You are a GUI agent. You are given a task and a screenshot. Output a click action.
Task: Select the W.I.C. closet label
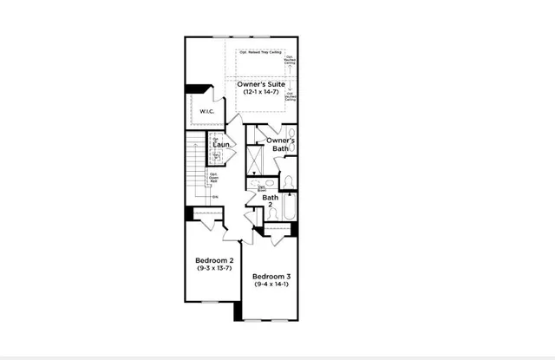point(206,111)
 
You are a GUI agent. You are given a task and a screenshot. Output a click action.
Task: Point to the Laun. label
point(221,145)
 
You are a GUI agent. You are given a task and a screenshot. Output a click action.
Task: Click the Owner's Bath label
point(280,144)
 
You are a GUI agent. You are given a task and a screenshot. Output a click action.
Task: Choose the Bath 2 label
point(271,201)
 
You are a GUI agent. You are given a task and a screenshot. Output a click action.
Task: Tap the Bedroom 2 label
point(213,260)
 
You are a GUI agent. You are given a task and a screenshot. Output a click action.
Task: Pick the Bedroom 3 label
point(271,276)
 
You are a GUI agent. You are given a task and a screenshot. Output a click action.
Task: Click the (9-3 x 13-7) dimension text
point(213,269)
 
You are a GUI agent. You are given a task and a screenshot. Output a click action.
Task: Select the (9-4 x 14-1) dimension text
point(271,285)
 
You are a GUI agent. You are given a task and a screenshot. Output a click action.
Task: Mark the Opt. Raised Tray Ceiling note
point(261,53)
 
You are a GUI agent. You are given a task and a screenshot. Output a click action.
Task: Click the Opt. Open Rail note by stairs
point(213,179)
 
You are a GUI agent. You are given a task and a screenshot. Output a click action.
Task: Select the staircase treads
point(197,178)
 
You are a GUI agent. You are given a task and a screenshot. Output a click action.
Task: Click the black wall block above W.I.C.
point(199,88)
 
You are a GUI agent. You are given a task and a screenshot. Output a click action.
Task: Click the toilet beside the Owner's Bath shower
point(290,180)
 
